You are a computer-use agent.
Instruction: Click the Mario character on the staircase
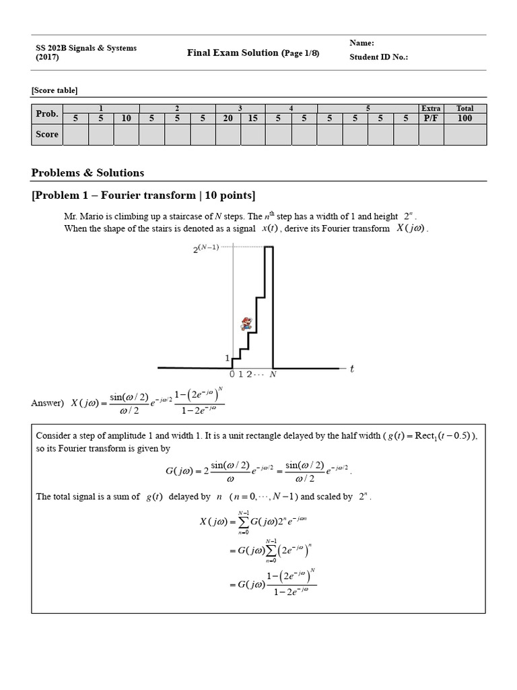coord(246,323)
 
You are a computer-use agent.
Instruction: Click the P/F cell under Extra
coord(431,118)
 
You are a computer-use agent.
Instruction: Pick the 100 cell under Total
coord(464,118)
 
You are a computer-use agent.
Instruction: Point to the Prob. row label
coord(47,113)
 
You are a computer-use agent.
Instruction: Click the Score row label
coord(47,134)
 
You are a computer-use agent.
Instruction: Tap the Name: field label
coord(361,43)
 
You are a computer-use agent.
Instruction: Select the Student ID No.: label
coord(378,57)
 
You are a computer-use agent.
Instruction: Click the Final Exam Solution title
coord(233,53)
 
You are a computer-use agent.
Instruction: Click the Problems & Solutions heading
coord(88,172)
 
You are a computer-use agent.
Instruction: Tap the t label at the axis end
coord(351,368)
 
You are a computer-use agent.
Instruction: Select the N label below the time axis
coord(273,375)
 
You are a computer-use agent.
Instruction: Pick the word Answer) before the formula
coord(46,403)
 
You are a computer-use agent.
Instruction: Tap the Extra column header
coord(431,108)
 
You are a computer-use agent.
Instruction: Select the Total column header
coord(464,108)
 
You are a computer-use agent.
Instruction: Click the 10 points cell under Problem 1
coord(126,118)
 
